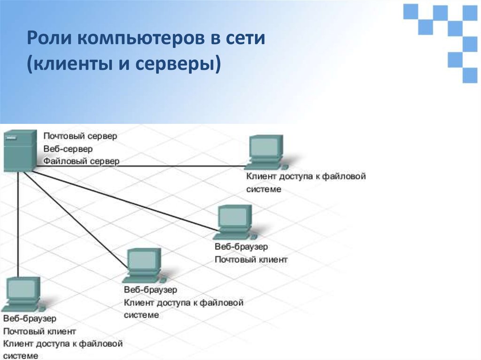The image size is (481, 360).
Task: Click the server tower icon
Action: (19, 150)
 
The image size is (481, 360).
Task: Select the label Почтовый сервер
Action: (80, 136)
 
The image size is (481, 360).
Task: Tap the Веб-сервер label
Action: (68, 149)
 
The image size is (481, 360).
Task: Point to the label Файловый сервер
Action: (81, 161)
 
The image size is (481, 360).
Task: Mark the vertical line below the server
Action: (18, 225)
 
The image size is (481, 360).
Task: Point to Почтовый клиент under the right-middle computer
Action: (251, 259)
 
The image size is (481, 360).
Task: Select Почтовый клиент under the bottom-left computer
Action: (39, 331)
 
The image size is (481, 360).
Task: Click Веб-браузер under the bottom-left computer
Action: (30, 319)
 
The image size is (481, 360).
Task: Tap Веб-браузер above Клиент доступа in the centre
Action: (150, 290)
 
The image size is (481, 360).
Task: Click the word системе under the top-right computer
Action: (264, 189)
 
